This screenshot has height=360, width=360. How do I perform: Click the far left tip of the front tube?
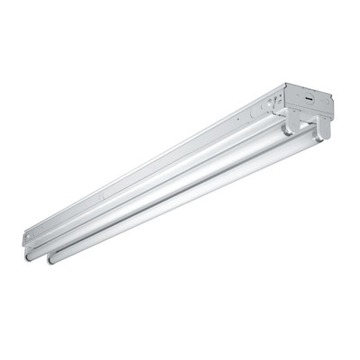coord(49,259)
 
